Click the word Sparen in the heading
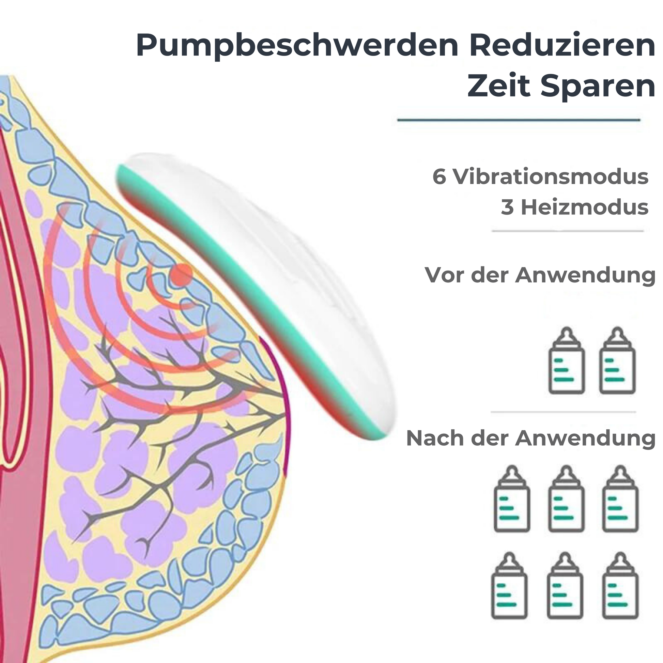pos(598,87)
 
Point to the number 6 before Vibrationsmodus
pos(439,177)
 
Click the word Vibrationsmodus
pos(551,177)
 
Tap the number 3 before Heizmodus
pos(507,207)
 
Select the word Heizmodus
pos(585,207)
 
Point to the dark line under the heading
pos(519,120)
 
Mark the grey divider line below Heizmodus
pos(567,231)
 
